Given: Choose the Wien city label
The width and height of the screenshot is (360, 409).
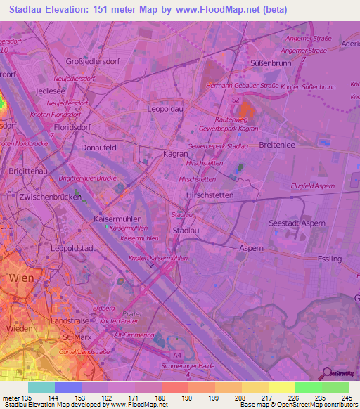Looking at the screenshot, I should point(20,278).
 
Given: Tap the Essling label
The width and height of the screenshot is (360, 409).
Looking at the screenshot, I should point(330,259).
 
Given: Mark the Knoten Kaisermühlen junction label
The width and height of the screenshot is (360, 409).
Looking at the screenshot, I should point(158,259).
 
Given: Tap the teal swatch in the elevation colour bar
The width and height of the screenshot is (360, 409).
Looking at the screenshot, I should point(41,387).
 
